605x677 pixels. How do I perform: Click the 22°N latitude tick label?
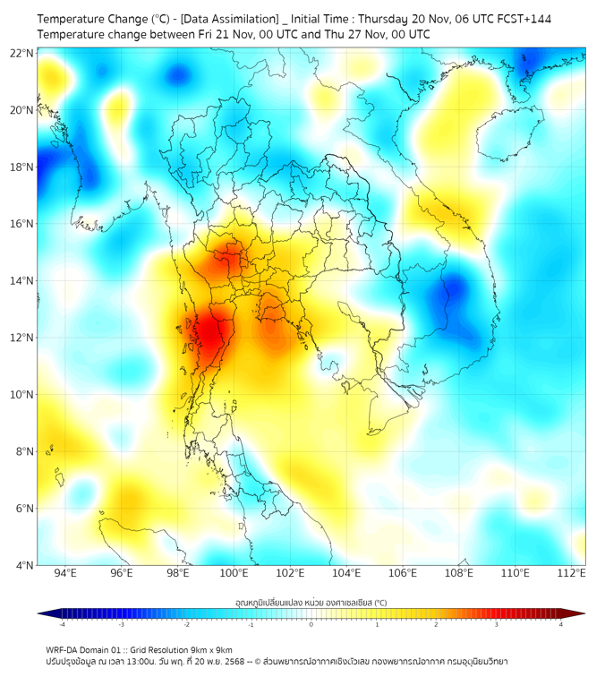(x=22, y=53)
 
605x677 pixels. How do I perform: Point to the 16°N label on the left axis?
(x=22, y=224)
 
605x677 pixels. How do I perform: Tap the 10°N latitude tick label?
(x=22, y=395)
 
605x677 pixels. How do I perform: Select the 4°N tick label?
(x=25, y=565)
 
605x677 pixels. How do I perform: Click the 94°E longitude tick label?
(x=65, y=573)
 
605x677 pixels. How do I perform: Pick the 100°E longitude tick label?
(x=234, y=573)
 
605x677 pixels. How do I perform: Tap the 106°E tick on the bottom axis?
(x=404, y=573)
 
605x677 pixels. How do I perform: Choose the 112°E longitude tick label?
(x=572, y=573)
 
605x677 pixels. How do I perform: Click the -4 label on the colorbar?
(x=61, y=624)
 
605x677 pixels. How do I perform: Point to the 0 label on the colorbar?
(x=311, y=624)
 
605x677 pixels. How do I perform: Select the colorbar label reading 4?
(x=561, y=624)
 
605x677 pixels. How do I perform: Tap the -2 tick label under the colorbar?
(x=185, y=624)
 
